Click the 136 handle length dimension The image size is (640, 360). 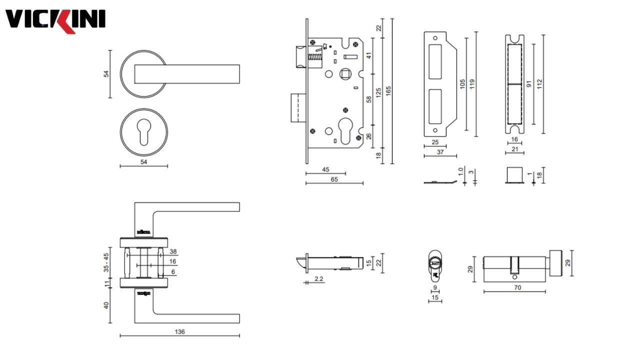tap(180, 331)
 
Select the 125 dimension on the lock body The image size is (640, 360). tap(378, 92)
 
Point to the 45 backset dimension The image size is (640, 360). tap(325, 170)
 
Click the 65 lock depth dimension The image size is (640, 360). tap(334, 179)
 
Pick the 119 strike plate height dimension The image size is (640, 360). tap(471, 83)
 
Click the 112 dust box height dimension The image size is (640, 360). tap(539, 83)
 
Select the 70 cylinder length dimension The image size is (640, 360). tap(517, 287)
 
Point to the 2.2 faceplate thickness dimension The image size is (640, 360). tap(318, 278)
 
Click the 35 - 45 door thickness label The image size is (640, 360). tap(106, 262)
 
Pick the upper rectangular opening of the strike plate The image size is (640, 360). tap(434, 60)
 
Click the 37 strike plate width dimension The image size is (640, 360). tap(439, 151)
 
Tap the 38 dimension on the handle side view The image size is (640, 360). tap(173, 251)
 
